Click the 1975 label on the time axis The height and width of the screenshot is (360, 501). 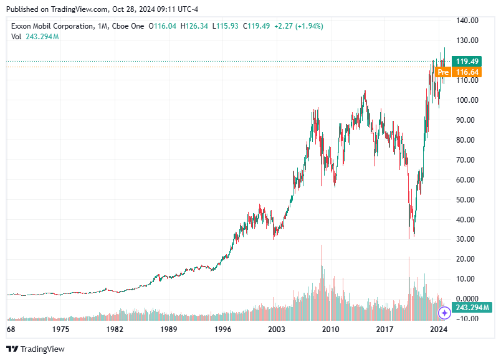(60, 329)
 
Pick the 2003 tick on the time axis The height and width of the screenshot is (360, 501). (276, 329)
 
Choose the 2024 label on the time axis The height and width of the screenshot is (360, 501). (439, 329)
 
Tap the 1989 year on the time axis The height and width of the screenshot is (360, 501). (168, 329)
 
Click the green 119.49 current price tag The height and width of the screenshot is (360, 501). (467, 61)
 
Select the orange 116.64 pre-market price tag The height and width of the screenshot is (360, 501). (467, 72)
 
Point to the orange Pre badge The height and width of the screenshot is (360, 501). (443, 72)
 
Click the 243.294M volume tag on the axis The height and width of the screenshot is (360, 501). (472, 308)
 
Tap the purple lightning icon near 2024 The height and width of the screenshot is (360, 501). (444, 313)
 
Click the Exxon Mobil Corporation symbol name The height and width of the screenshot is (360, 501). (51, 26)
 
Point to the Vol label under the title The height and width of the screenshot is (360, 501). (17, 37)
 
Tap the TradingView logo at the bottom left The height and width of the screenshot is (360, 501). (36, 349)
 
